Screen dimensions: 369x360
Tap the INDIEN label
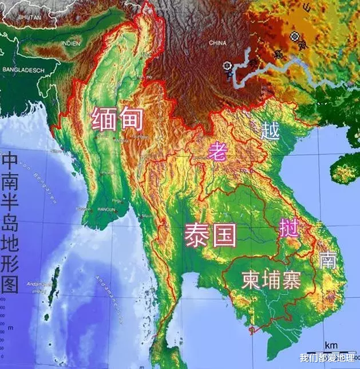73,42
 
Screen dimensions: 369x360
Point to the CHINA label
217,42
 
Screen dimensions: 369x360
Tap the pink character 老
217,152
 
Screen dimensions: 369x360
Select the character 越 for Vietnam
270,131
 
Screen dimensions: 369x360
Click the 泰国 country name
209,234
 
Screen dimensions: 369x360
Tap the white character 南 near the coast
328,260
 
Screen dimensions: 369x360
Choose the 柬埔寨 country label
271,280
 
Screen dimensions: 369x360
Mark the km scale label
330,345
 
